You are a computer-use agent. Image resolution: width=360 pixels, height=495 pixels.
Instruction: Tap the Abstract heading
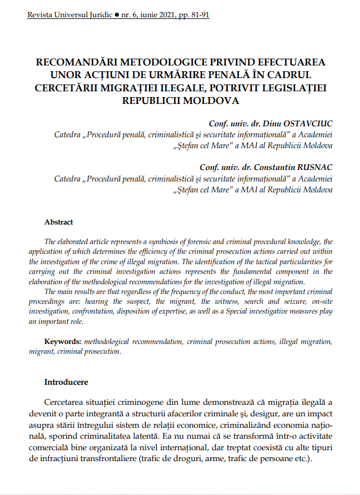[59, 222]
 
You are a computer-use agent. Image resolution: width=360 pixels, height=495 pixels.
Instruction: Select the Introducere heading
[67, 381]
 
